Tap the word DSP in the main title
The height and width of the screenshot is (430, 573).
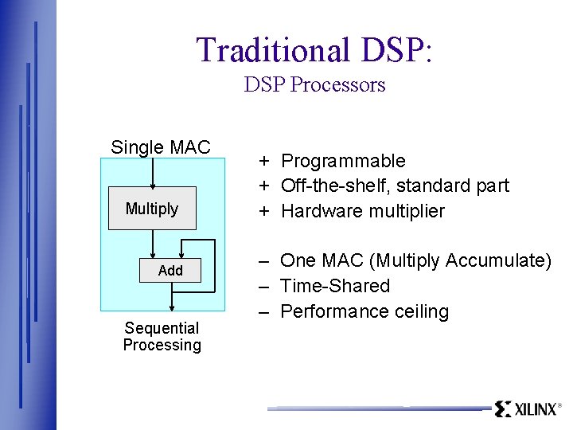click(x=393, y=49)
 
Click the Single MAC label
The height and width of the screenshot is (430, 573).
click(x=160, y=147)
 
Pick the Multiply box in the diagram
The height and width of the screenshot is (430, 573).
click(x=152, y=209)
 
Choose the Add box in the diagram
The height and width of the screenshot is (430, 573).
click(x=170, y=271)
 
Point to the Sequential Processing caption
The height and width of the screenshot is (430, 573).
click(x=162, y=337)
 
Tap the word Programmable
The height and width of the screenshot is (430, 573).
click(x=343, y=161)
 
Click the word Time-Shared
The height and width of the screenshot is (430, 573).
click(x=335, y=286)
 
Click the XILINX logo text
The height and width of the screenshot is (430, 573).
click(x=535, y=409)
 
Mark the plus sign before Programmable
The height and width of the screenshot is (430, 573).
click(x=262, y=161)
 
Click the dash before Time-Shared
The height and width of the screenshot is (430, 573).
click(x=262, y=286)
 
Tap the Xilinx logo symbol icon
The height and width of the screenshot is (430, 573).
click(x=502, y=409)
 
